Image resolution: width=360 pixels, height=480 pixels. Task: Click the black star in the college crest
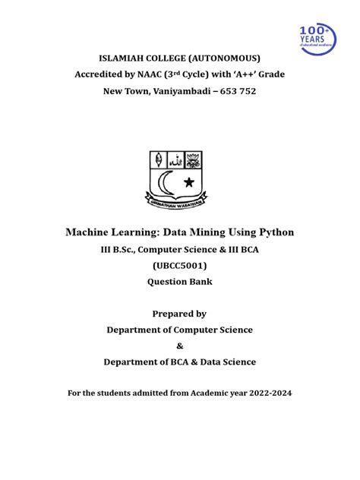coord(189,182)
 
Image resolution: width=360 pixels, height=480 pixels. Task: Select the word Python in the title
coord(275,231)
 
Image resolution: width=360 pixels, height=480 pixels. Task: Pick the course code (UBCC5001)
coord(179,264)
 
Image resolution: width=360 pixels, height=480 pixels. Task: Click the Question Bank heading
coord(179,281)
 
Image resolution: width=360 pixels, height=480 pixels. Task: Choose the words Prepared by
coord(179,314)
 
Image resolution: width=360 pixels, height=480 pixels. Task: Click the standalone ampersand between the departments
coord(179,346)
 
